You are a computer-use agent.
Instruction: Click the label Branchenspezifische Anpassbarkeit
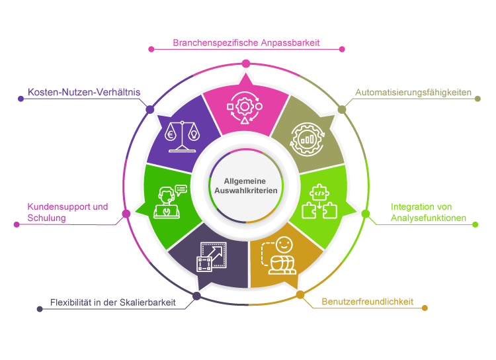246,42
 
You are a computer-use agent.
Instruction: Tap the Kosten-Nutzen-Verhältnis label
84,92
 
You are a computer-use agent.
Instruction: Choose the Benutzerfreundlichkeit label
367,302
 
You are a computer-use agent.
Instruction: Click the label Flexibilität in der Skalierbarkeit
113,302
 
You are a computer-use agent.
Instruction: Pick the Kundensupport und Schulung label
67,212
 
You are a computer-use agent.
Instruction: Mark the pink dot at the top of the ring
246,64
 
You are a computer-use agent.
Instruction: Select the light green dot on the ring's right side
366,213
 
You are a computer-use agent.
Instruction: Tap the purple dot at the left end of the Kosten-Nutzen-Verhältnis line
20,99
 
